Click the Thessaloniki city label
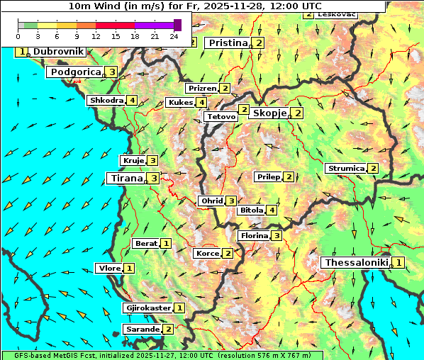click(356, 263)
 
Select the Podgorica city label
click(75, 72)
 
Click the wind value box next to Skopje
click(298, 113)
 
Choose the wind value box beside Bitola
click(271, 210)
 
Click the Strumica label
click(345, 169)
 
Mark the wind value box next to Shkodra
click(133, 101)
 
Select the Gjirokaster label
click(147, 308)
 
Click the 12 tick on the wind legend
click(96, 36)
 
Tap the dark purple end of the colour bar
click(177, 25)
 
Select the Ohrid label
click(211, 201)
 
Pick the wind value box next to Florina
click(277, 236)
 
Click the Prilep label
click(268, 176)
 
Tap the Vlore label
click(108, 269)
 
